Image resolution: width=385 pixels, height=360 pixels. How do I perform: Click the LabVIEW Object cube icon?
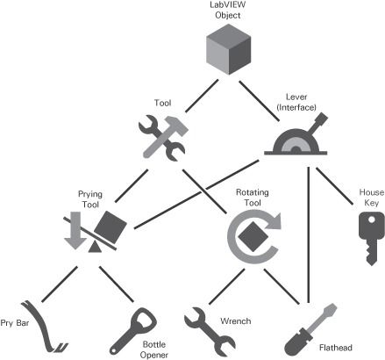(x=228, y=49)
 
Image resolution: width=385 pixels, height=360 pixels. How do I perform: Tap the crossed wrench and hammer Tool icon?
(x=162, y=138)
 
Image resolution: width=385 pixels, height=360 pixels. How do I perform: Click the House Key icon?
(x=371, y=238)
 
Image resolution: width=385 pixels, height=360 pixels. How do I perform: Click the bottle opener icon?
(x=133, y=331)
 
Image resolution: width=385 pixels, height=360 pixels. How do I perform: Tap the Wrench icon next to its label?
(x=210, y=332)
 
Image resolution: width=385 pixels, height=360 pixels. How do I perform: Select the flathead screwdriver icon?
(x=310, y=330)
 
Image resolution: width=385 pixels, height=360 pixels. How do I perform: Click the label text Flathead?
(x=336, y=348)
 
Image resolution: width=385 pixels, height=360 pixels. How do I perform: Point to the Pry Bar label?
(x=15, y=323)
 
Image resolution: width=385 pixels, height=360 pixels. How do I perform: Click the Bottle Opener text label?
(x=154, y=349)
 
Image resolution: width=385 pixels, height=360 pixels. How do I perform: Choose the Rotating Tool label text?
(x=253, y=198)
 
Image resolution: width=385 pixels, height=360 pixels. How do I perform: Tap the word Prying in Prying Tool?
(x=90, y=194)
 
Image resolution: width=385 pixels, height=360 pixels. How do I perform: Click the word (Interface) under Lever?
(x=296, y=107)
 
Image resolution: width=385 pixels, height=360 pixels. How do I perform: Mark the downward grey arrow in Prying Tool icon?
(x=75, y=231)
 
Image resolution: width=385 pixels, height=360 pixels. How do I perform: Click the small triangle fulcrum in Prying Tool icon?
(x=95, y=248)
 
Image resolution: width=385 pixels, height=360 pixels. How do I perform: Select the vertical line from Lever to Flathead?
(x=308, y=235)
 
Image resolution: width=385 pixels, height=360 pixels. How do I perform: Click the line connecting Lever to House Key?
(x=334, y=186)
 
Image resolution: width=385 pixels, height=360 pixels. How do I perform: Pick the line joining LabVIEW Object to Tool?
(x=202, y=96)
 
